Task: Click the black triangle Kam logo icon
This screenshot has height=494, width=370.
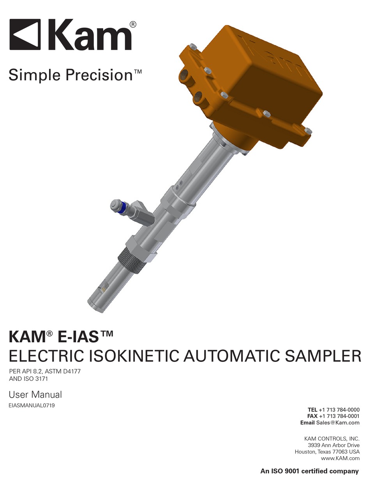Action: (25, 34)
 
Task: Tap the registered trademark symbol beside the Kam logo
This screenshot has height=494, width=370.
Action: (133, 24)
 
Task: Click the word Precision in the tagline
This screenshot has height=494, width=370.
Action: (99, 75)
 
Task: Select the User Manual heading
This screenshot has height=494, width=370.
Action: (35, 395)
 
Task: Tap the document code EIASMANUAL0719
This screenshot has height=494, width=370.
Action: (32, 405)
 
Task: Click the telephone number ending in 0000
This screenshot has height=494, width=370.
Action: (339, 410)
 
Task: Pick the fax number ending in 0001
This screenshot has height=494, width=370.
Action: (339, 416)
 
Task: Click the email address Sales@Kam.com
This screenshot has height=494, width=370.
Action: (338, 423)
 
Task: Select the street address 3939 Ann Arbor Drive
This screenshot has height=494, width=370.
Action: (334, 445)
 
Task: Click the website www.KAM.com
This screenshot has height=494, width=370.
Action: (340, 458)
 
